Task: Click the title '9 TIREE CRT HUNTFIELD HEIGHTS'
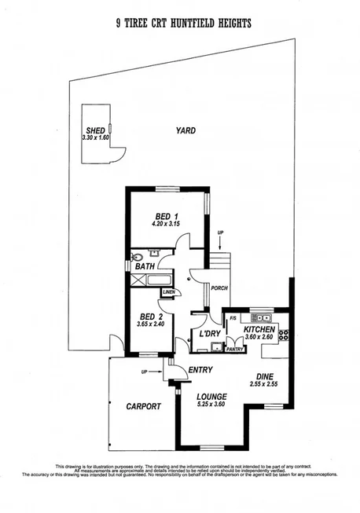pyautogui.click(x=183, y=24)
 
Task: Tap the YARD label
pyautogui.click(x=186, y=130)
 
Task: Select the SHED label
pyautogui.click(x=95, y=131)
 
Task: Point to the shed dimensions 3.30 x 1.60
pyautogui.click(x=95, y=138)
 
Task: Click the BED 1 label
pyautogui.click(x=163, y=216)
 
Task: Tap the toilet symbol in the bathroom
pyautogui.click(x=138, y=256)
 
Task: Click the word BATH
pyautogui.click(x=145, y=267)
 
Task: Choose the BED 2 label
pyautogui.click(x=149, y=317)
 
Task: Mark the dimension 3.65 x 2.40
pyautogui.click(x=149, y=324)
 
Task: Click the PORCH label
pyautogui.click(x=219, y=288)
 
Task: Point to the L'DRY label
pyautogui.click(x=210, y=334)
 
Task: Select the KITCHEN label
pyautogui.click(x=259, y=329)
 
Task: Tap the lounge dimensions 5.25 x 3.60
pyautogui.click(x=212, y=405)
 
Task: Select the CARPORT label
pyautogui.click(x=144, y=406)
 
